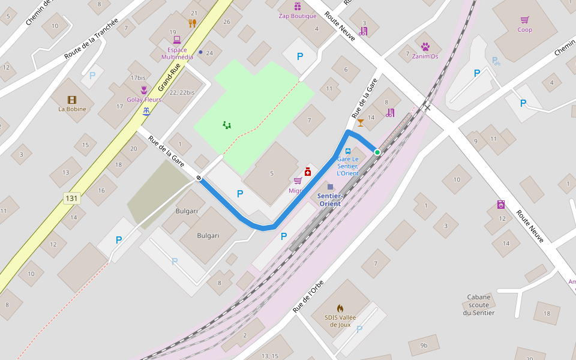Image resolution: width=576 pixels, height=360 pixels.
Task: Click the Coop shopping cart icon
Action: click(x=525, y=20)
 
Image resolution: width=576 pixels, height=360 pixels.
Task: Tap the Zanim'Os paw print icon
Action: click(x=425, y=46)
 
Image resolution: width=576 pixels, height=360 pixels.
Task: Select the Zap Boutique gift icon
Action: click(x=298, y=7)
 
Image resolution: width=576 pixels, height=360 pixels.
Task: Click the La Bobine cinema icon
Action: click(x=72, y=100)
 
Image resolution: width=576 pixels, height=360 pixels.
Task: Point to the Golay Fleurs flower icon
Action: click(x=144, y=90)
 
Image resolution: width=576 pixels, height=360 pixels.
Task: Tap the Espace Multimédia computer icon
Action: click(x=177, y=40)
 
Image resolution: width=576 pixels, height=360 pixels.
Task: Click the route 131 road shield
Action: click(x=72, y=198)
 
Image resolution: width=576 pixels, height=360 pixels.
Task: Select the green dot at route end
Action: click(x=377, y=152)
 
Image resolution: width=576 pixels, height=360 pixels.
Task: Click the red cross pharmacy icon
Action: click(x=308, y=172)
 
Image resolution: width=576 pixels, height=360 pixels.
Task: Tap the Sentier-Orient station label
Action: click(x=330, y=200)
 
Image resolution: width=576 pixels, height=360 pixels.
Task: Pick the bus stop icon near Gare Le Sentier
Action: click(x=348, y=151)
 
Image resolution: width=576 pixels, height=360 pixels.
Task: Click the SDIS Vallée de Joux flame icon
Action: click(x=340, y=308)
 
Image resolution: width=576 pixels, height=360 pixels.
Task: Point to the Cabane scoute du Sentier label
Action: click(x=479, y=305)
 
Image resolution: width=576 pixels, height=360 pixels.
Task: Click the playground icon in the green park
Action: click(x=227, y=125)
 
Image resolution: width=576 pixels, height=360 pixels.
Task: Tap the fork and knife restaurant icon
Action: click(x=193, y=23)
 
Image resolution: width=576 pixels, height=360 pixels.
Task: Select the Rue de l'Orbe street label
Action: click(x=308, y=296)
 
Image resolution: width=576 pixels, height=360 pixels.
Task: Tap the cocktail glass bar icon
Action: click(x=360, y=123)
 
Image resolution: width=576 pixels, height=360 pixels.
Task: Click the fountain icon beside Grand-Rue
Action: click(x=146, y=112)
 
